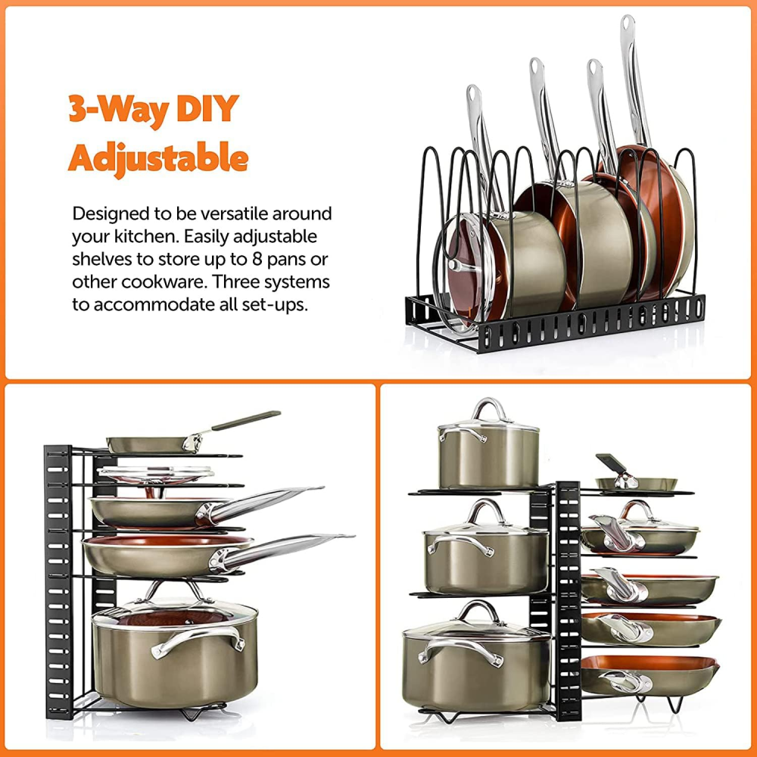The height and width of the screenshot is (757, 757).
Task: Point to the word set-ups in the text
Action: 279,305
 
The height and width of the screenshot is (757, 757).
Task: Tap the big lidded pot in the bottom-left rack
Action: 175,650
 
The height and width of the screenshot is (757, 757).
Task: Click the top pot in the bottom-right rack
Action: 488,444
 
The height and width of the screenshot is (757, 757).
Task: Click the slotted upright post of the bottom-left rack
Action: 58,581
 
